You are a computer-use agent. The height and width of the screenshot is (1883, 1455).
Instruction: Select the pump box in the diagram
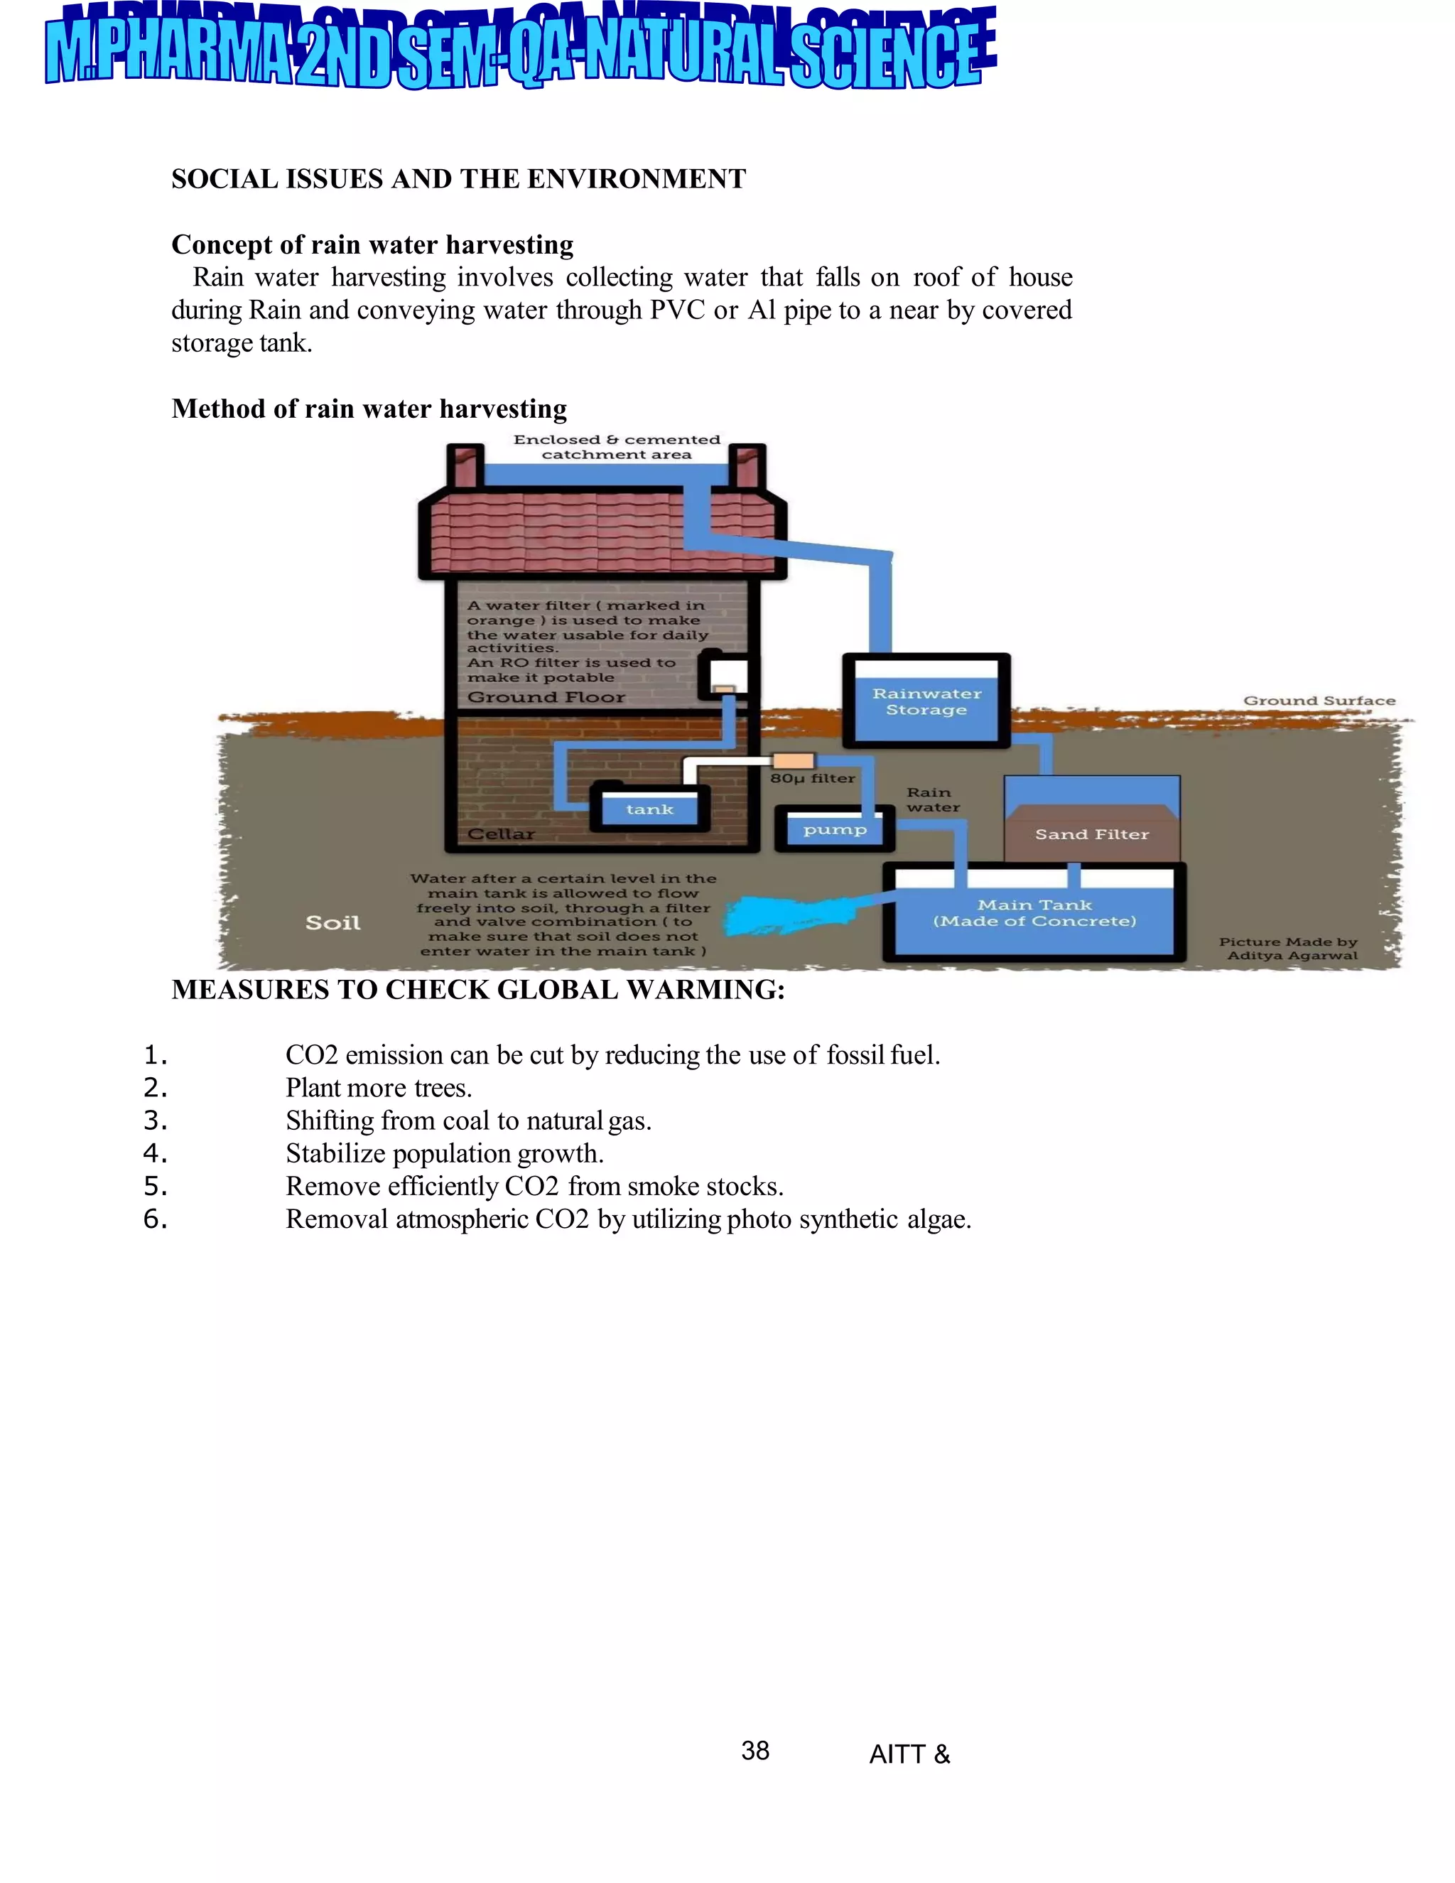click(834, 829)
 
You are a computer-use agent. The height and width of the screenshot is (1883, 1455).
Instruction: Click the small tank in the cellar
click(649, 809)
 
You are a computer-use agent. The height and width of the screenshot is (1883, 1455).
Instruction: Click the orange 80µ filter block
click(793, 760)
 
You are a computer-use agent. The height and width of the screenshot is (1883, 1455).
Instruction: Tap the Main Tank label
click(1034, 913)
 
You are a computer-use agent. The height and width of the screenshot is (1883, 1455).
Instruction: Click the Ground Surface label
click(1318, 701)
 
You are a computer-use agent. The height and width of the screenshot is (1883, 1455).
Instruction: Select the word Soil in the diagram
click(332, 922)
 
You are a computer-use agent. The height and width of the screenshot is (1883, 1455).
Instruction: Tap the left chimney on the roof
click(465, 466)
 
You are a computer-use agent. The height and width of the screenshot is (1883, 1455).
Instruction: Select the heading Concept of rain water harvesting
click(372, 245)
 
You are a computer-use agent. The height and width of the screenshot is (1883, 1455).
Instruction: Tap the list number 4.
click(155, 1153)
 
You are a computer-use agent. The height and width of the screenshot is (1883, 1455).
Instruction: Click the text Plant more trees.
click(379, 1088)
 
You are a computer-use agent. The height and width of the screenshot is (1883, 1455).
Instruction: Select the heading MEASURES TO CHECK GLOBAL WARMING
click(477, 990)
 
